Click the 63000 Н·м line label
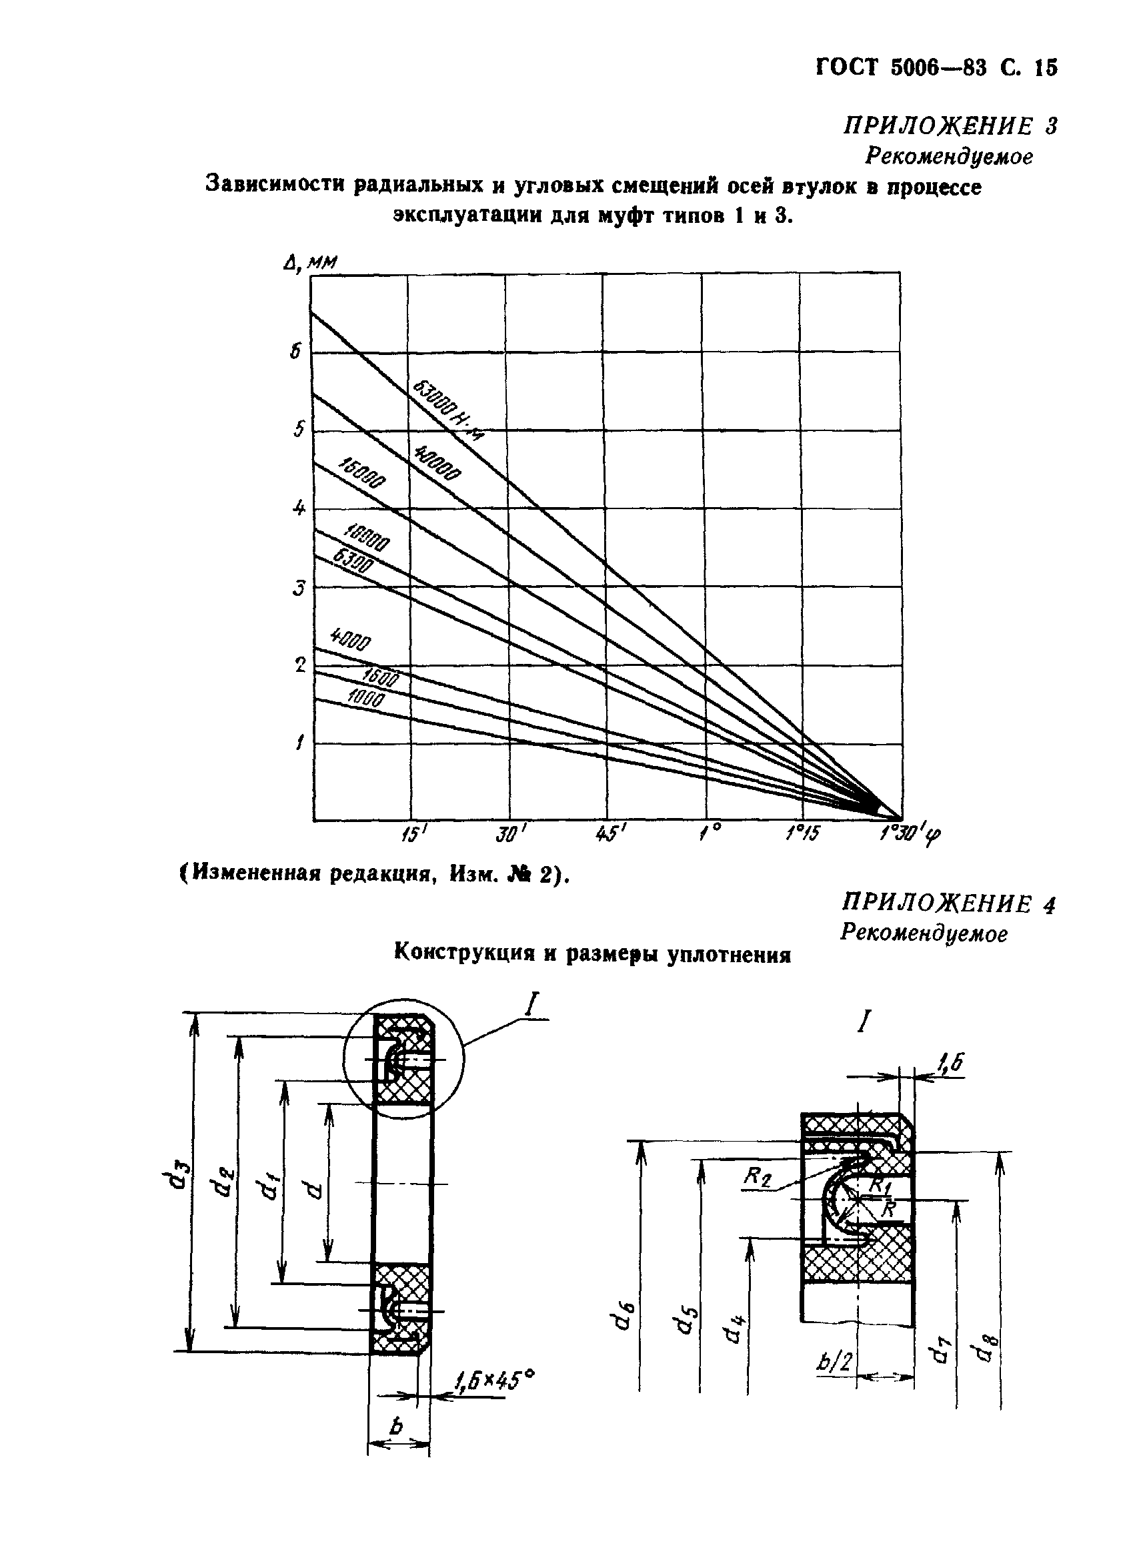(445, 411)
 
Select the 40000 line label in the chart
(437, 462)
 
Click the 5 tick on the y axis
(299, 430)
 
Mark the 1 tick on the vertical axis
(299, 743)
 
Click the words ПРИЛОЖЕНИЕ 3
(950, 126)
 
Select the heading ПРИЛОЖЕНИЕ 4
(948, 904)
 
